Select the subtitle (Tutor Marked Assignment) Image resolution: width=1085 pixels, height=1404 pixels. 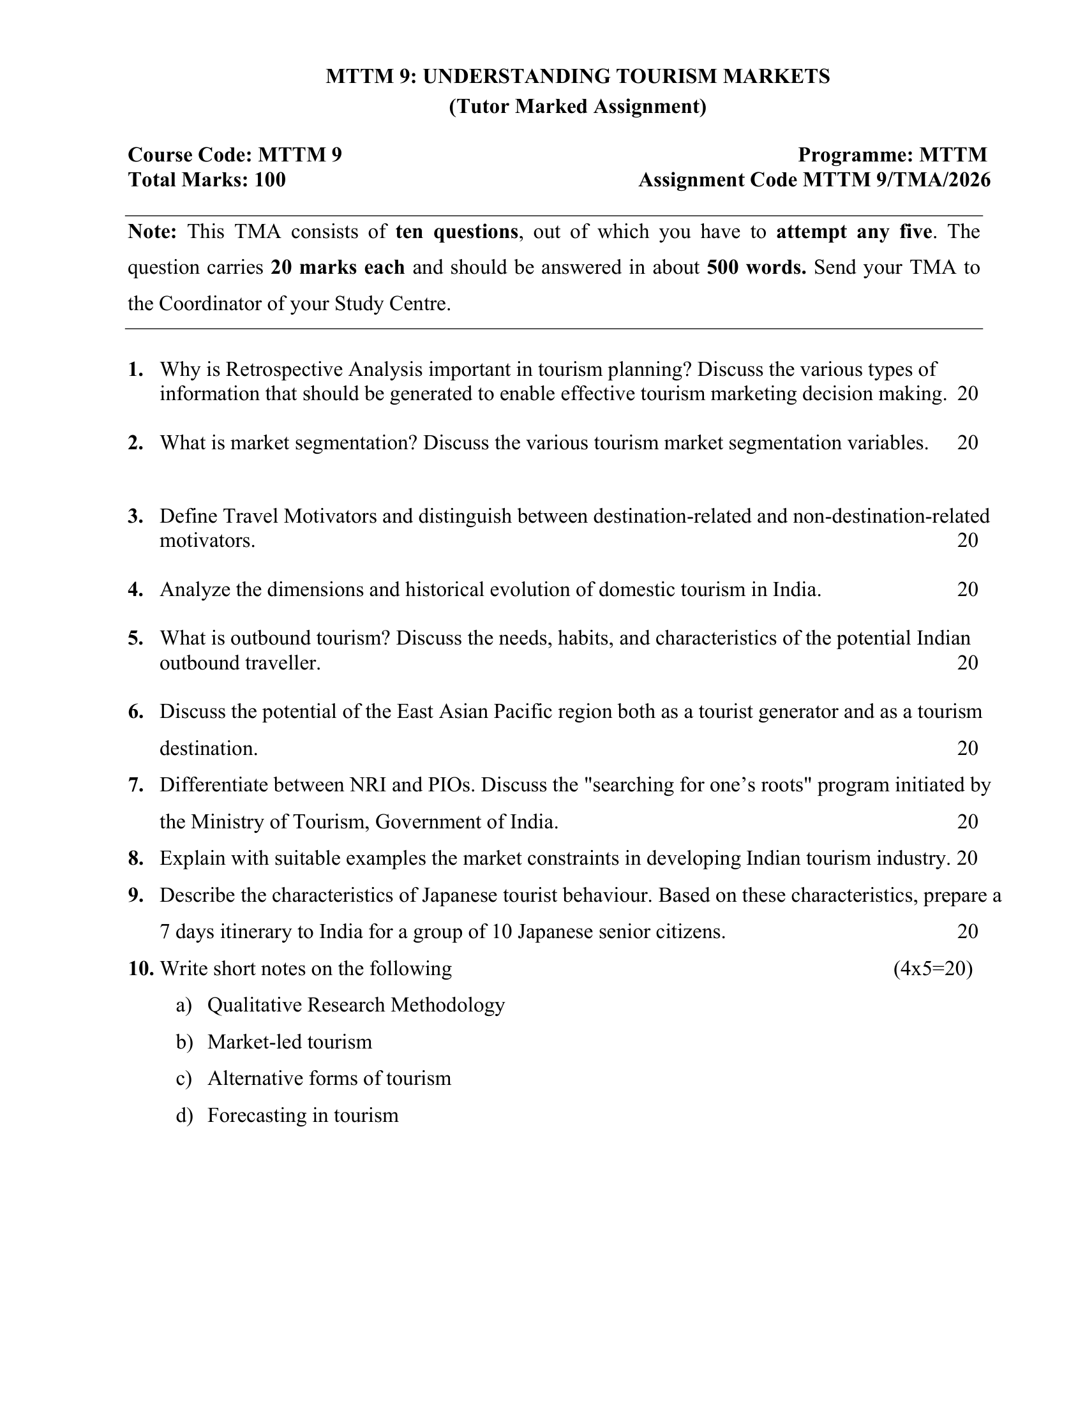[577, 106]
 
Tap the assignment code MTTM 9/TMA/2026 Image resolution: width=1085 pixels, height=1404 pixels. [897, 180]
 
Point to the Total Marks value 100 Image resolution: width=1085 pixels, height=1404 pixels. [270, 180]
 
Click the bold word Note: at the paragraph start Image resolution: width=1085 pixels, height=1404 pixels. [153, 232]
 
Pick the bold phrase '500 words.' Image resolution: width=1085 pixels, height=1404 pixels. [756, 267]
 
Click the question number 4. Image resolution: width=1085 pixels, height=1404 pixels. [135, 590]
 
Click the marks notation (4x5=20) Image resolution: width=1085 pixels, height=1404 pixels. [932, 969]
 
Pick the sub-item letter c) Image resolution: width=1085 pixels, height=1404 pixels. [184, 1078]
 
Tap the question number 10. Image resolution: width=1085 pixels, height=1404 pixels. [141, 969]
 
